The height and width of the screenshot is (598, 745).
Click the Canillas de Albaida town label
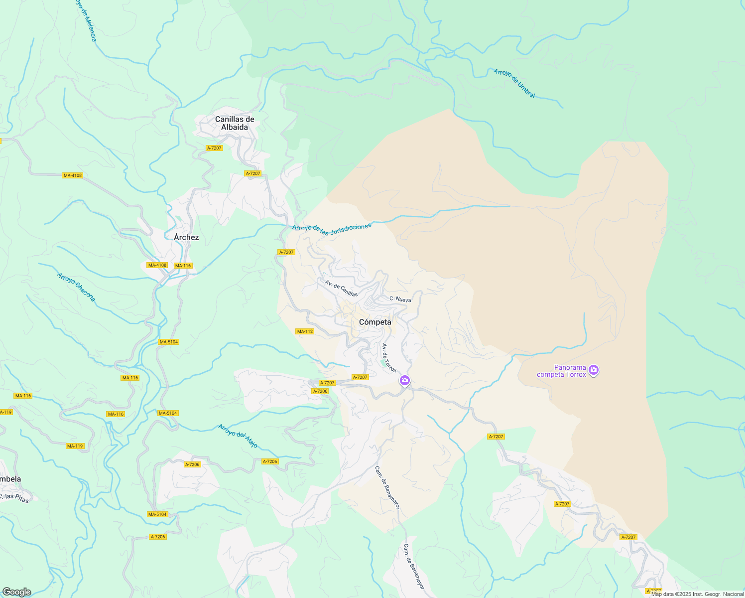point(235,123)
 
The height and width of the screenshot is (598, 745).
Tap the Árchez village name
point(186,237)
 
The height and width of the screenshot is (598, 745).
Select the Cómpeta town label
point(375,322)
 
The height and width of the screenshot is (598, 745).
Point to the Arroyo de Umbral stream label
point(514,83)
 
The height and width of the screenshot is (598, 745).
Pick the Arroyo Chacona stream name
point(76,287)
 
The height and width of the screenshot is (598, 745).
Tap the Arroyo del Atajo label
point(238,436)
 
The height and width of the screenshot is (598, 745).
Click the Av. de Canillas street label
point(341,289)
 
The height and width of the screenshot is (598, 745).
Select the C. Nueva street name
point(400,299)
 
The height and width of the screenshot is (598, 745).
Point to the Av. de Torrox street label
point(389,358)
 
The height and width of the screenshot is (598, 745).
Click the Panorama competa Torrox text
point(562,371)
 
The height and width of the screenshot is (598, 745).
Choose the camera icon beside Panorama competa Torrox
point(593,370)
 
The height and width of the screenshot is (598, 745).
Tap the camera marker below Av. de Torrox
point(405,381)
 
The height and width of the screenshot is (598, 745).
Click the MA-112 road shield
point(305,331)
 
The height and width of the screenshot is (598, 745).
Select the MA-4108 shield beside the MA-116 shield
point(157,265)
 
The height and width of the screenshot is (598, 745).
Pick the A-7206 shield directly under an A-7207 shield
point(320,391)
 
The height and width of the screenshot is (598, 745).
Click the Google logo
point(16,592)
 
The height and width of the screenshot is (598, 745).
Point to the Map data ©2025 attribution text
point(697,594)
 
